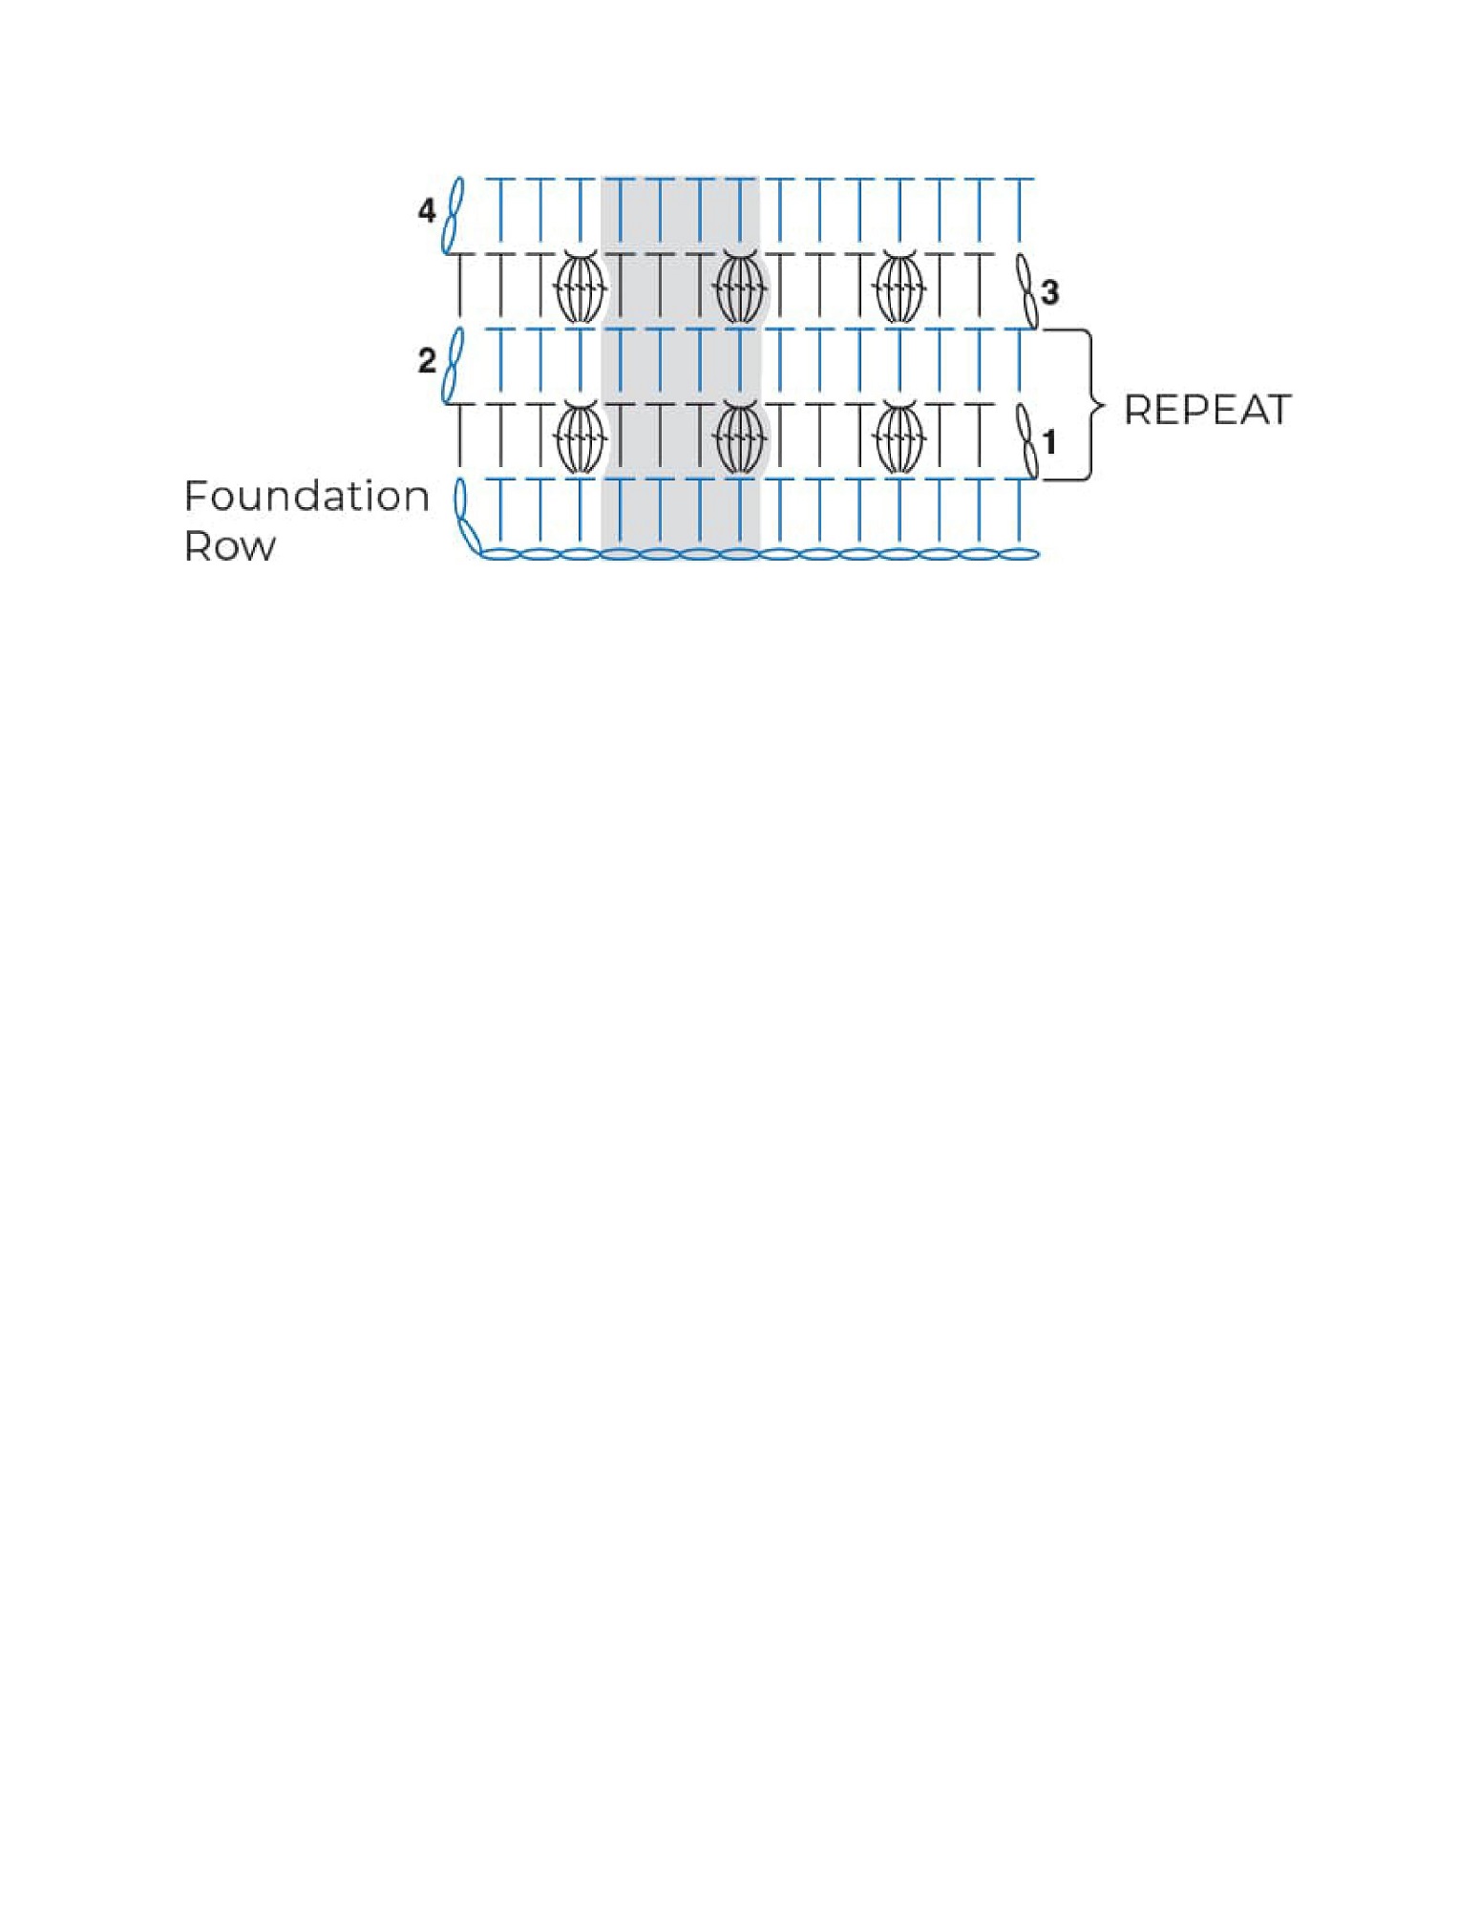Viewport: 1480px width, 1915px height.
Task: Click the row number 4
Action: tap(427, 210)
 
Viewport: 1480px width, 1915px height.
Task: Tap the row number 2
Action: tap(427, 361)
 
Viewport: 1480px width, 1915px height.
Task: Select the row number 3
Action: tap(1050, 292)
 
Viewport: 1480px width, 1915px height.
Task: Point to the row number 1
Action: tap(1050, 443)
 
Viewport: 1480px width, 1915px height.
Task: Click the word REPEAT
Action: tap(1207, 410)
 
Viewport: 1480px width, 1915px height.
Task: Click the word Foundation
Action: tap(307, 496)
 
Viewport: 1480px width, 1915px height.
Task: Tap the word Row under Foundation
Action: tap(230, 546)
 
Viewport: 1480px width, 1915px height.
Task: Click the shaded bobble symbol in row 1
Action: tap(739, 438)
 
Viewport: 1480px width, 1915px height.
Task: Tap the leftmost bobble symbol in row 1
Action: tap(581, 438)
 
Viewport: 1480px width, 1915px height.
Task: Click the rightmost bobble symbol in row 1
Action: tap(899, 438)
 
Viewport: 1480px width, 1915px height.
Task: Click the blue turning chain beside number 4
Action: tap(455, 215)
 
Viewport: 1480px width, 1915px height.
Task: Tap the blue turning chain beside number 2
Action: tap(455, 366)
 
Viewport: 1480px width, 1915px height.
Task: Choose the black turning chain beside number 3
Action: tap(1026, 290)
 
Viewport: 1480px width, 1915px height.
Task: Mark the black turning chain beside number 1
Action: tap(1026, 441)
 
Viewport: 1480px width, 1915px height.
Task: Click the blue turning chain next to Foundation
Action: tap(467, 517)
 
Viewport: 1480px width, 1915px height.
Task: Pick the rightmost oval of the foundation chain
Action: tap(1019, 554)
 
